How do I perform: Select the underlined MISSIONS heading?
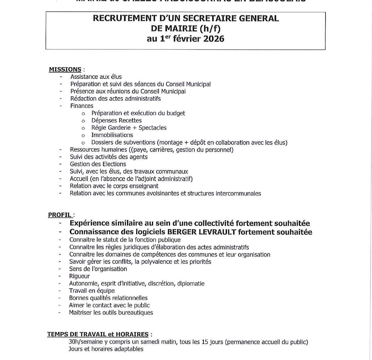pyautogui.click(x=65, y=70)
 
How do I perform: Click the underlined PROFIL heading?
pyautogui.click(x=60, y=215)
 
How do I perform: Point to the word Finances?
pyautogui.click(x=82, y=106)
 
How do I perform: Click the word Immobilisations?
pyautogui.click(x=112, y=135)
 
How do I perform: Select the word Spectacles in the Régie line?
pyautogui.click(x=152, y=128)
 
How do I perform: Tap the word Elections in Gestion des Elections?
pyautogui.click(x=114, y=164)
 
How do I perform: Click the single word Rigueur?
pyautogui.click(x=79, y=276)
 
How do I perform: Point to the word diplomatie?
pyautogui.click(x=191, y=283)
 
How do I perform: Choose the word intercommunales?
pyautogui.click(x=238, y=193)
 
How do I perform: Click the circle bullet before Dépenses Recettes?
pyautogui.click(x=83, y=121)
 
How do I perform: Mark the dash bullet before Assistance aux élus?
pyautogui.click(x=61, y=77)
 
